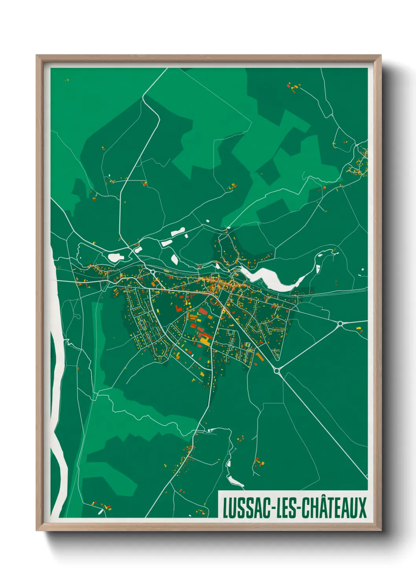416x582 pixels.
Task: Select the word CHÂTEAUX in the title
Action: (334, 508)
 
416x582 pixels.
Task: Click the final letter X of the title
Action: (362, 508)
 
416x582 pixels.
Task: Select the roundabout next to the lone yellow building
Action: (340, 324)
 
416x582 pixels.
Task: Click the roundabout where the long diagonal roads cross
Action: (276, 370)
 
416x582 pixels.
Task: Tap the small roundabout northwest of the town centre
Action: (152, 272)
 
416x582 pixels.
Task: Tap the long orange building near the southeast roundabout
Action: (260, 357)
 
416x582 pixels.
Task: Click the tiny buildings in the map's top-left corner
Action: (67, 80)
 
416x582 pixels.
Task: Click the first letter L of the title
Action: (226, 508)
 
